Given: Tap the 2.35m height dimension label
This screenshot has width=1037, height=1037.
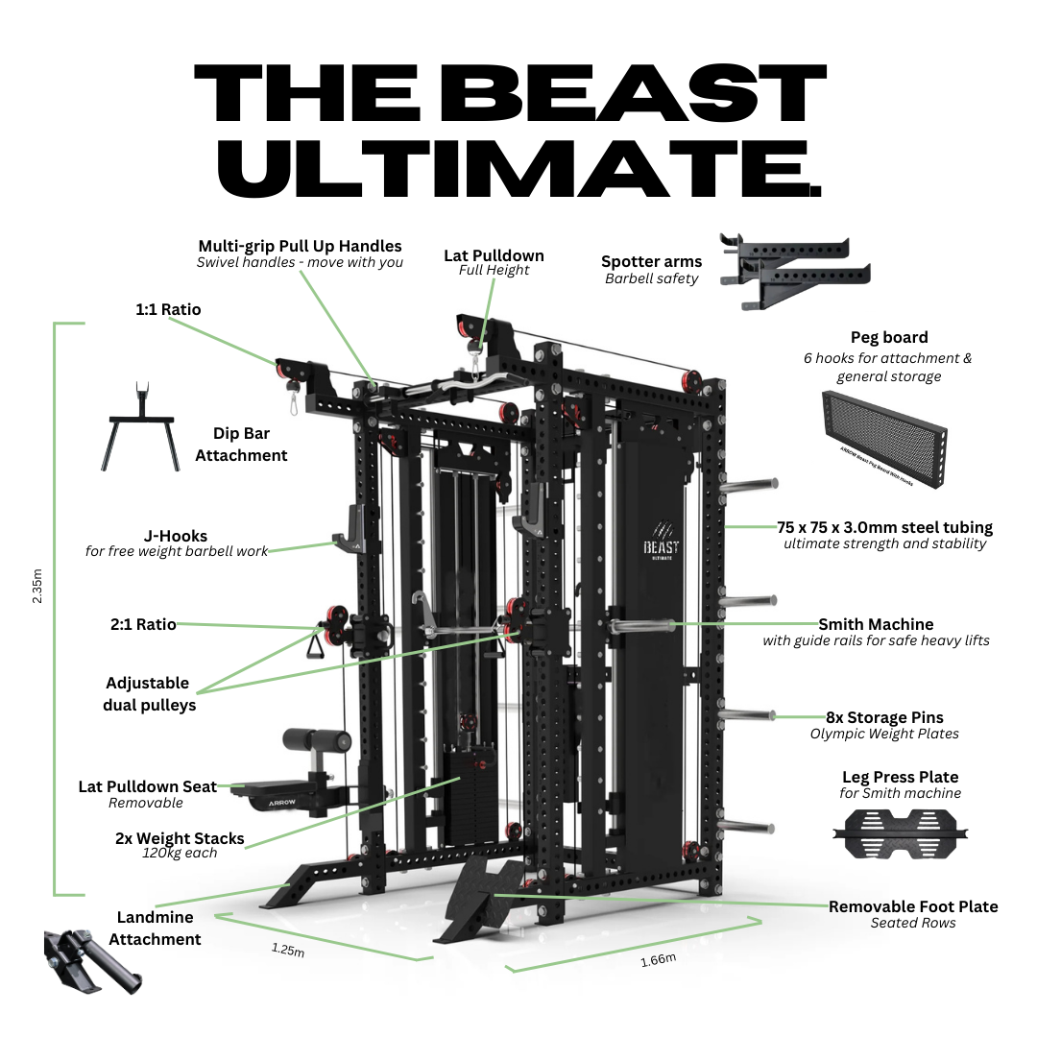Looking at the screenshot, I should point(37,585).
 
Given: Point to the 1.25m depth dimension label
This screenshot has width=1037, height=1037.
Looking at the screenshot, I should point(287,952).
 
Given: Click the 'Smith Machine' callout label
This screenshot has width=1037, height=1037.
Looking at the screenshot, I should point(875,624).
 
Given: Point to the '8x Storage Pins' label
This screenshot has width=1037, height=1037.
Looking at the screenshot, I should point(884,717).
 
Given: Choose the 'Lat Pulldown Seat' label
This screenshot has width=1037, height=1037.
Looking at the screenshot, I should point(147,786).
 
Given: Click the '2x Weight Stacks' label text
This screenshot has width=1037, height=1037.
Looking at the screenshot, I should point(180,838).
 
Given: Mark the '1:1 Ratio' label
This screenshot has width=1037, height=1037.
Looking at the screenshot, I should point(168,309).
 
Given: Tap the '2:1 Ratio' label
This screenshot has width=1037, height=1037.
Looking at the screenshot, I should point(143,624).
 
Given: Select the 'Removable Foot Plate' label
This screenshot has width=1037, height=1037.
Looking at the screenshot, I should point(912,906).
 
